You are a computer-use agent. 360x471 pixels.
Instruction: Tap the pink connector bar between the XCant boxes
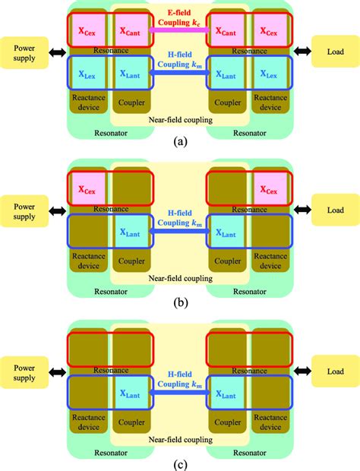coord(180,30)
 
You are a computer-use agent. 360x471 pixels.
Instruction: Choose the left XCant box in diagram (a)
coord(130,32)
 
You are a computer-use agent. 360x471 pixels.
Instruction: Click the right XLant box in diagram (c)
coord(229,394)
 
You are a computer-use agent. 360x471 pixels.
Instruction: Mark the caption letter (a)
coord(180,142)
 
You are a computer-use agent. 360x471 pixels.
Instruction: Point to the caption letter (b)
coord(180,302)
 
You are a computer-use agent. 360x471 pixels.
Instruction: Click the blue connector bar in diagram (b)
coord(180,232)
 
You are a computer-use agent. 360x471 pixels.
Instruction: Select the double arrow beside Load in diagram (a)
coord(302,53)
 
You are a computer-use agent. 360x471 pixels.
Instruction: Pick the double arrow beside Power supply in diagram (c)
coord(58,370)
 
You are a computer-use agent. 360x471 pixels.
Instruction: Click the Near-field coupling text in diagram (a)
coord(180,120)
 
